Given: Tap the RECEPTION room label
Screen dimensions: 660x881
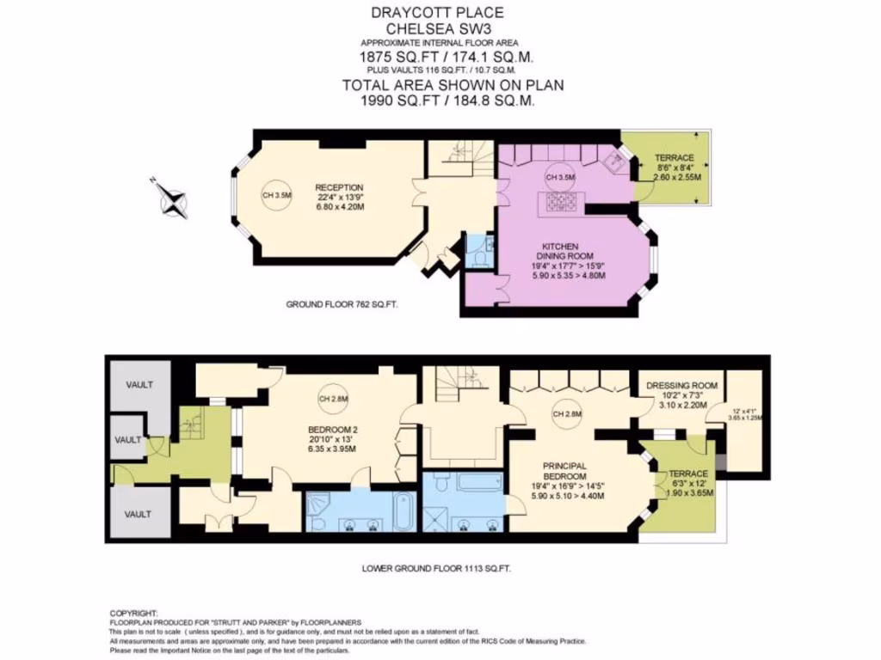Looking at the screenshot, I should [339, 187].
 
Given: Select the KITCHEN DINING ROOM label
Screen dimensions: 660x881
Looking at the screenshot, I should [560, 252].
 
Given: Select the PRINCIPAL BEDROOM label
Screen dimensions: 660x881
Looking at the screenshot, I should [564, 471].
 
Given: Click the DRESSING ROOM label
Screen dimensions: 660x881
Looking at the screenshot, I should [681, 386].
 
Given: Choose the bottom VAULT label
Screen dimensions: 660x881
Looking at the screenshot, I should [138, 513].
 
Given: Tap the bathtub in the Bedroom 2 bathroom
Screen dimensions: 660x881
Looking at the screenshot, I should [404, 513].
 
